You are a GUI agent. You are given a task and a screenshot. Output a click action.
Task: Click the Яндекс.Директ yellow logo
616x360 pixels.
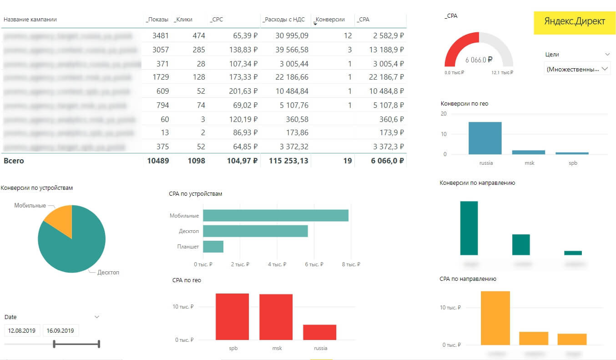[x=575, y=21]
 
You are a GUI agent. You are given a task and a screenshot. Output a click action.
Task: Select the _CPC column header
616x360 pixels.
[x=217, y=20]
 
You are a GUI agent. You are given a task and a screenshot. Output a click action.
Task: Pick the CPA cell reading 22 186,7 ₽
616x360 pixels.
[x=386, y=77]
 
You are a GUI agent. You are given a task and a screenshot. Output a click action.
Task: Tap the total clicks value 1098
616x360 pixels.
[x=196, y=161]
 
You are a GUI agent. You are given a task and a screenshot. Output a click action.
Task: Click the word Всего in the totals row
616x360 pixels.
[x=14, y=161]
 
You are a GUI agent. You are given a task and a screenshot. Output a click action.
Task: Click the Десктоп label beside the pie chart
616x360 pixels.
[x=108, y=272]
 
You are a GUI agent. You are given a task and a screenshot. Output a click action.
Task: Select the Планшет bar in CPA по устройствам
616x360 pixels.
[x=213, y=247]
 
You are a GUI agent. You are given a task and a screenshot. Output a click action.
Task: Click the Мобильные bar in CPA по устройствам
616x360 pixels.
[x=275, y=215]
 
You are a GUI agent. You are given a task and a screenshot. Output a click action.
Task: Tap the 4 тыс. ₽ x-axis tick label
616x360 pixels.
[x=278, y=264]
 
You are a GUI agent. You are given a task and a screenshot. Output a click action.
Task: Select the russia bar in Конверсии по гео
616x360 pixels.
[x=485, y=138]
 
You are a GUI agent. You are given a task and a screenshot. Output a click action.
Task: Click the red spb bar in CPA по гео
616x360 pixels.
[x=232, y=316]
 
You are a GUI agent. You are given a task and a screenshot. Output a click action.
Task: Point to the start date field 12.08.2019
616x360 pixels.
[x=22, y=330]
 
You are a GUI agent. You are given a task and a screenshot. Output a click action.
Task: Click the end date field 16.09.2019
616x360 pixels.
[x=61, y=330]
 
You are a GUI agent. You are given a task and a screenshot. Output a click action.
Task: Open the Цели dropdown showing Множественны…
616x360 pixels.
[x=577, y=69]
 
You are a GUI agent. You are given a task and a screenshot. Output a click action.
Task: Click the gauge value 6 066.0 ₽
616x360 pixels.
[x=479, y=60]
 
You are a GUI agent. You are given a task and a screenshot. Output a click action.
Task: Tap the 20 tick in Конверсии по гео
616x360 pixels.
[x=444, y=114]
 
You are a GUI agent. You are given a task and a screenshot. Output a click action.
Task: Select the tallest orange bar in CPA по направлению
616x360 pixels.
[x=495, y=318]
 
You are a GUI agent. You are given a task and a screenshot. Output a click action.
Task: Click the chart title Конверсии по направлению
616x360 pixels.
[x=477, y=183]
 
